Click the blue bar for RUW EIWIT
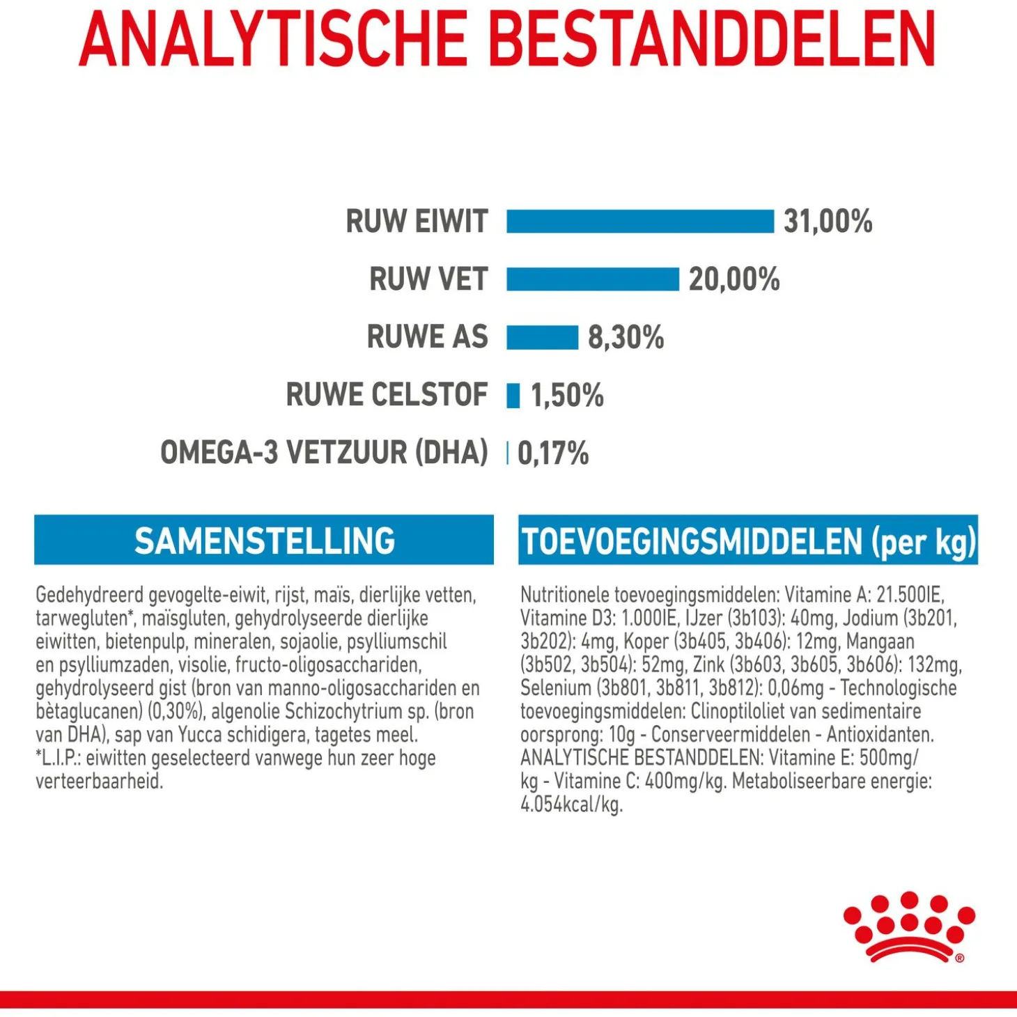[639, 222]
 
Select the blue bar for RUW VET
[592, 279]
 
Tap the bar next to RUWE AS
[542, 337]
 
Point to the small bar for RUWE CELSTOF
[513, 396]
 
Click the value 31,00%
[828, 222]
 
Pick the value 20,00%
[734, 279]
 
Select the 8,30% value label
[626, 337]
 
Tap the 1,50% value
[567, 396]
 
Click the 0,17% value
[553, 453]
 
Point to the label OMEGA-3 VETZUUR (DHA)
[324, 453]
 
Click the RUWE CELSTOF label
[387, 395]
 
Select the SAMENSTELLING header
[264, 541]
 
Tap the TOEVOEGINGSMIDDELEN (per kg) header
[748, 541]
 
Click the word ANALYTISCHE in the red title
[273, 40]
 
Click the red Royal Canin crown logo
[908, 926]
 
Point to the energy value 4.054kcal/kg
[571, 805]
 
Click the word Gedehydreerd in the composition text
[89, 596]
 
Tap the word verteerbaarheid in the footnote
[99, 782]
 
